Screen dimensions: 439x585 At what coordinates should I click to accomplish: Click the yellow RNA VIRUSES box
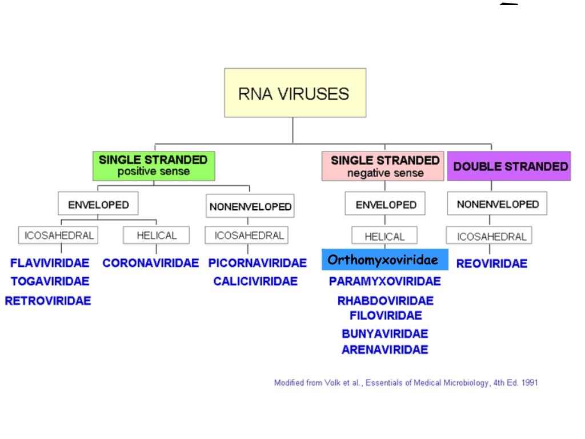point(295,93)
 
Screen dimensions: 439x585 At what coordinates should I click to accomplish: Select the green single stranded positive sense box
point(153,165)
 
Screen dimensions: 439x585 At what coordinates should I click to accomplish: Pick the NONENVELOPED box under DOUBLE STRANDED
point(498,204)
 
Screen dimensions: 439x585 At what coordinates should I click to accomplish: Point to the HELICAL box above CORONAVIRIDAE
point(157,235)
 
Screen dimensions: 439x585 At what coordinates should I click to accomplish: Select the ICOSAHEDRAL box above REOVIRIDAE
point(489,237)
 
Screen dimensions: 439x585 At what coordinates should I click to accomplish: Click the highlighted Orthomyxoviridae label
point(384,260)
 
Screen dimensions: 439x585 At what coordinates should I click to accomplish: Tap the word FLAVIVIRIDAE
point(50,264)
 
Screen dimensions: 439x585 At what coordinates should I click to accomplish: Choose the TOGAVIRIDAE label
point(50,281)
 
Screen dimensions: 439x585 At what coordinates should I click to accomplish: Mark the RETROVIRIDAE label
point(48,301)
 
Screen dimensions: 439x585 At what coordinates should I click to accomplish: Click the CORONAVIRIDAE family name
point(151,264)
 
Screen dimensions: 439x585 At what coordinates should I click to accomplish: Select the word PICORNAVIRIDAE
point(258,264)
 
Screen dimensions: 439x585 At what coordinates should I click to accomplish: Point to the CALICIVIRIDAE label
point(255,281)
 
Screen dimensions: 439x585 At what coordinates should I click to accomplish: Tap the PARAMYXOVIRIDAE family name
point(385,281)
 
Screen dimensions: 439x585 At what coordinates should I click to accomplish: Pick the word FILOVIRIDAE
point(386,316)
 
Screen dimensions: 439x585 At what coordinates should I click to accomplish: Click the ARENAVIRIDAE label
point(385,350)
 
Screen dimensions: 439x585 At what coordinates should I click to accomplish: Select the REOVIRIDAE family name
point(492,264)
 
